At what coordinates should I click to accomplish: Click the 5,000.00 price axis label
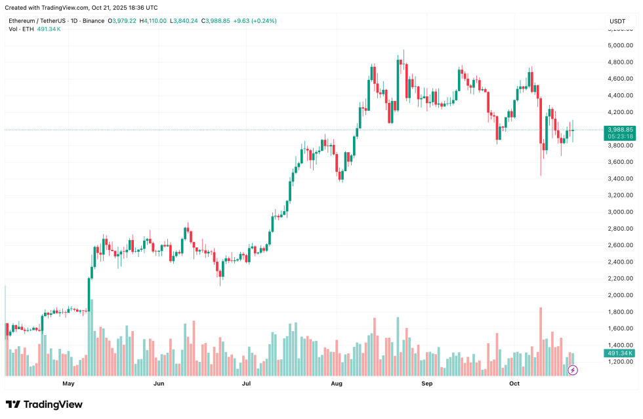click(621, 45)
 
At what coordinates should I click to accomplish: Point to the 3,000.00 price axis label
click(621, 212)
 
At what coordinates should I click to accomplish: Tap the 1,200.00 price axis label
click(621, 362)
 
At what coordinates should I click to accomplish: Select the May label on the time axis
click(68, 383)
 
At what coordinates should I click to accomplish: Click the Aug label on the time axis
click(337, 383)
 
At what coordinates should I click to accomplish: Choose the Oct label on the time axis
click(514, 383)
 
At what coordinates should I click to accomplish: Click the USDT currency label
click(617, 21)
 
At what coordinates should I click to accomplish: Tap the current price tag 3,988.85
click(620, 130)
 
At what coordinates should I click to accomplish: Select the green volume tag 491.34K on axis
click(620, 353)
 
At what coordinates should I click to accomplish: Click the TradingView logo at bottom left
click(44, 405)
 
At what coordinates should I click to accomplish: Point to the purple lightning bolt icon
click(573, 370)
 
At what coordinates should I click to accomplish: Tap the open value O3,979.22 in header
click(124, 21)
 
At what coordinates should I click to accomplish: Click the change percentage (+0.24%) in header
click(262, 21)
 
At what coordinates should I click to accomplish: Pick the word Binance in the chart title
click(94, 21)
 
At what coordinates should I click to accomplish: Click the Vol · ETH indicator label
click(22, 30)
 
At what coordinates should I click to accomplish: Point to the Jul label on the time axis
click(247, 383)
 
